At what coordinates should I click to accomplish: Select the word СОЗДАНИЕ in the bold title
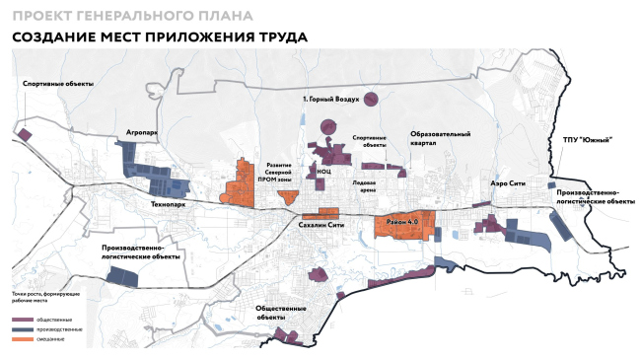57,36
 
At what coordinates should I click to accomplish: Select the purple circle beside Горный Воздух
371,99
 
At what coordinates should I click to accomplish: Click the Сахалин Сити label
320,225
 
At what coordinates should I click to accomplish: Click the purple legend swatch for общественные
23,321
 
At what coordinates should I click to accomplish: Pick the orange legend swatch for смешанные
23,338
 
